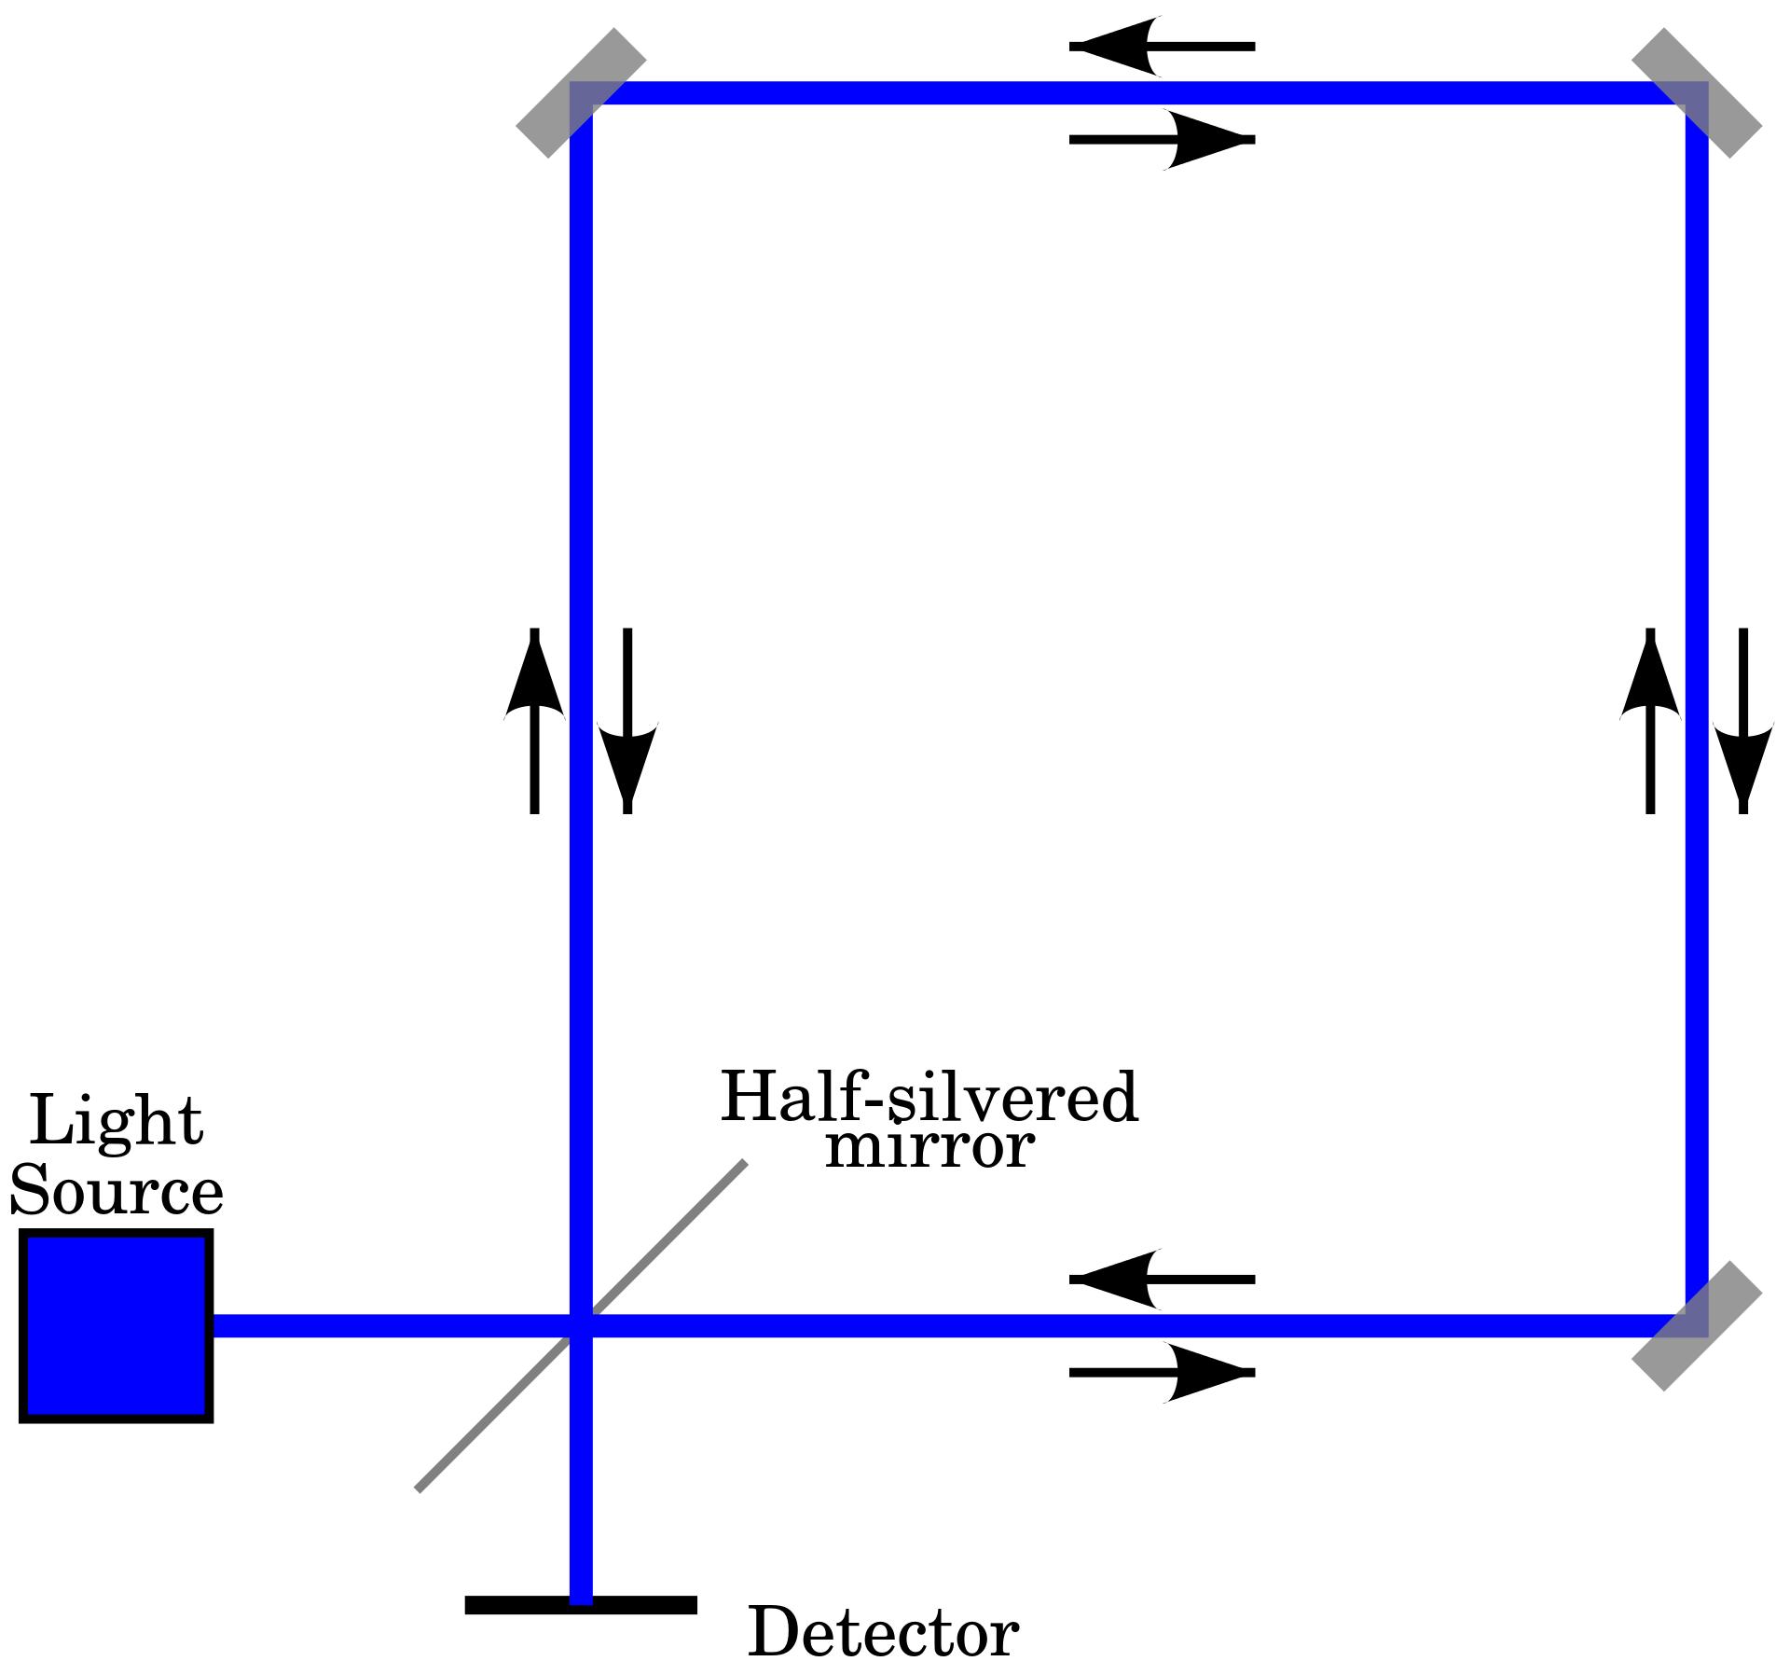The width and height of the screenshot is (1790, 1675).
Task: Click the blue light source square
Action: [x=116, y=1326]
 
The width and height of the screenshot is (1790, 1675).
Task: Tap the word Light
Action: [x=116, y=1123]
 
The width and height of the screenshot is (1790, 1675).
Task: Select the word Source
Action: [x=116, y=1193]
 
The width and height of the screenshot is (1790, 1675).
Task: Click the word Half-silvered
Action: [x=929, y=1099]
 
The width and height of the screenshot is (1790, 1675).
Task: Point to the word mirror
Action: [x=929, y=1148]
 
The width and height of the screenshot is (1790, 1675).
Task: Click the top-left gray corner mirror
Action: [x=580, y=92]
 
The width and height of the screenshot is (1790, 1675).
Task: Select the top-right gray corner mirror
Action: [x=1697, y=92]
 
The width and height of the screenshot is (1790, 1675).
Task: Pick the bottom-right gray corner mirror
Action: [x=1697, y=1326]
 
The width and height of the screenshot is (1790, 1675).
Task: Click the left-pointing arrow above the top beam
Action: [x=1162, y=46]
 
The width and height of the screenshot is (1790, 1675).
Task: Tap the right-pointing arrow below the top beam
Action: [x=1162, y=140]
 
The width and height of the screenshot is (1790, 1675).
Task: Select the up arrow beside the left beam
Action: [x=534, y=720]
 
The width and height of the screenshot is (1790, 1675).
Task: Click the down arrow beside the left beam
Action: [x=627, y=720]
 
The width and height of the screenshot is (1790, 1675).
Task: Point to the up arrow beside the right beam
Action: [x=1650, y=720]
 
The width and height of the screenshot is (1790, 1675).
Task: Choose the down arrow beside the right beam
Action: [x=1743, y=720]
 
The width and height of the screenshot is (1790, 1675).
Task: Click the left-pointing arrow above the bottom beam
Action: [x=1162, y=1280]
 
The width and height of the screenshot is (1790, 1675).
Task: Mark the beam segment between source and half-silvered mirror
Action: [x=392, y=1326]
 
